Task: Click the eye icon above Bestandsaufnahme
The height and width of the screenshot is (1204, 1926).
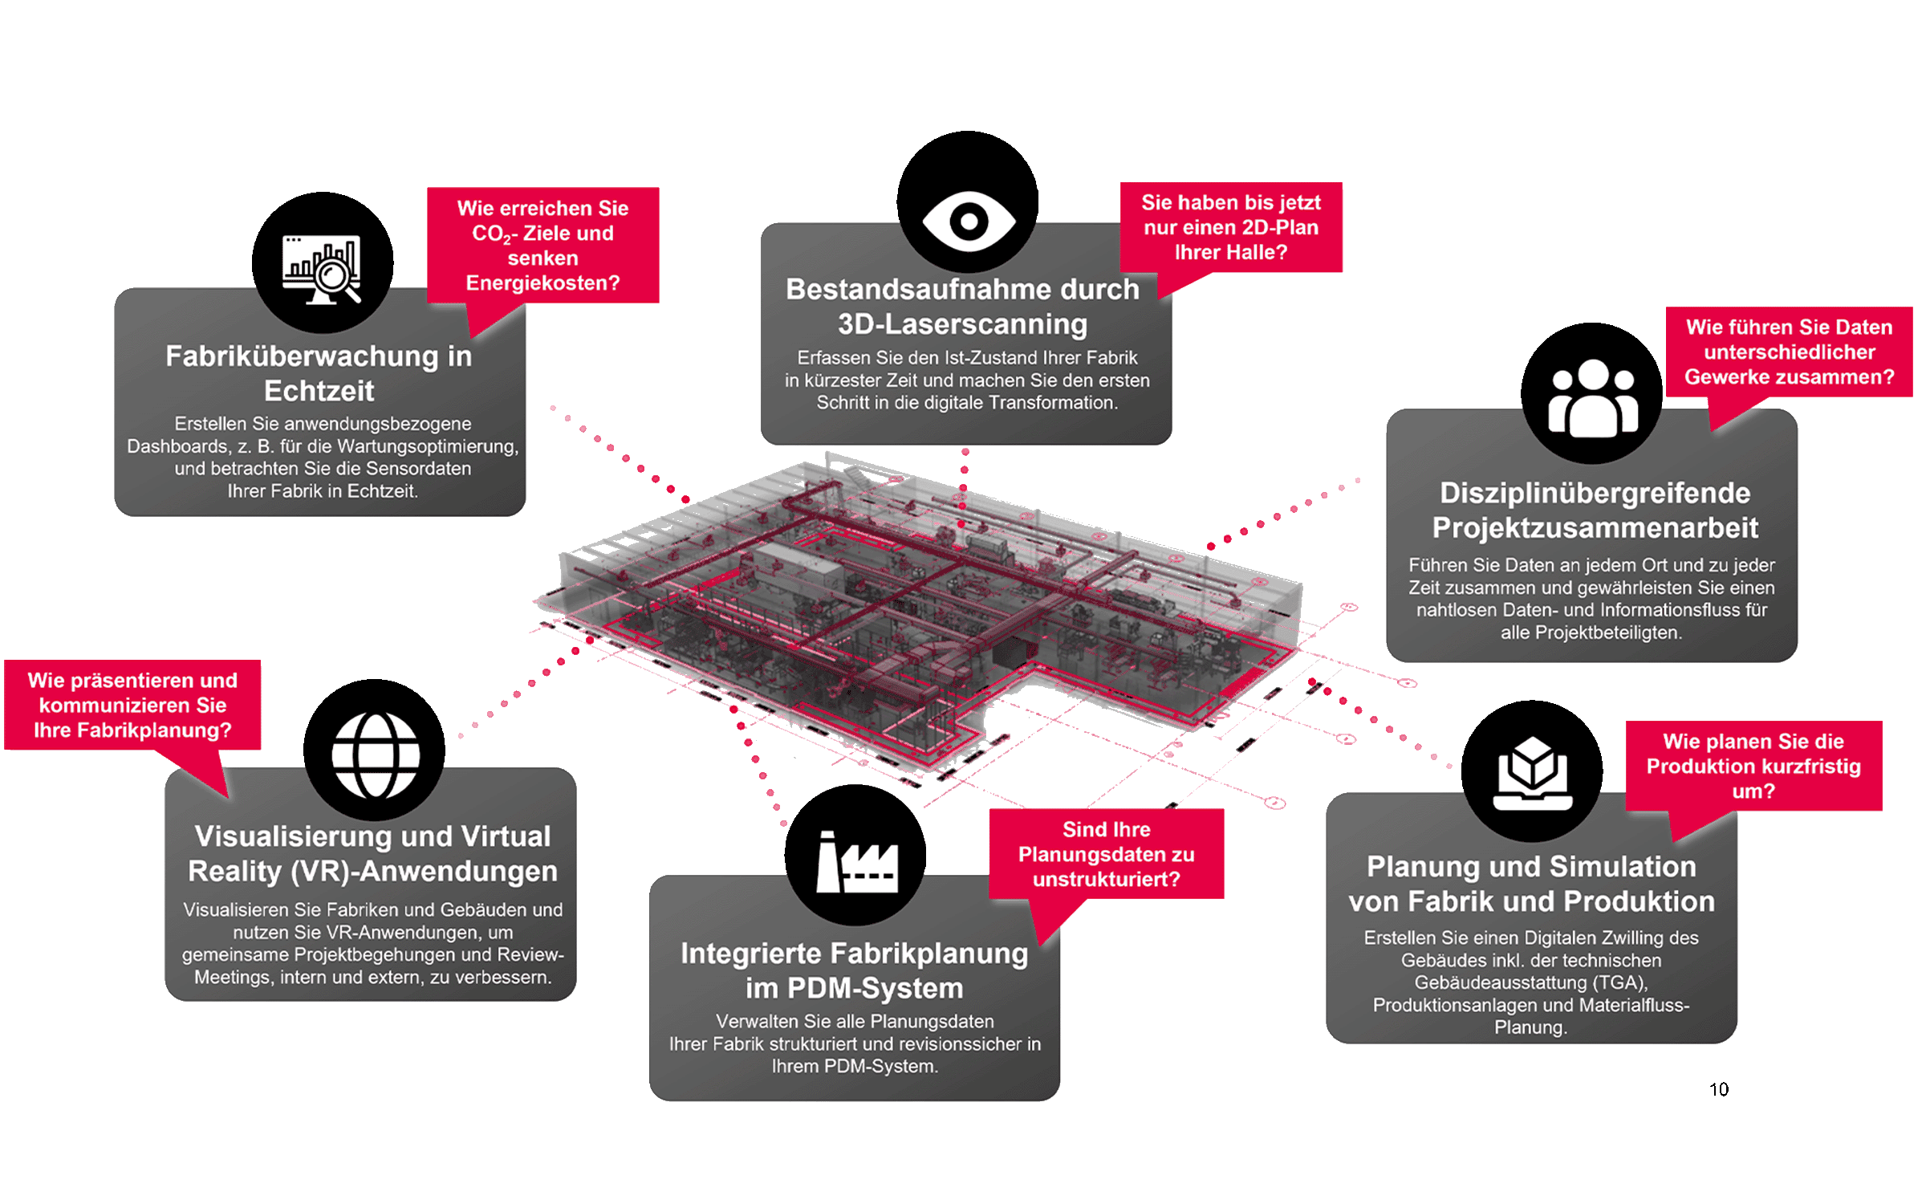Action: (x=969, y=220)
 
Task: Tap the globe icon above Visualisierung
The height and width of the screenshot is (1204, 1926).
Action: (x=375, y=755)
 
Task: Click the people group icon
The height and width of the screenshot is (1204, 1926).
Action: (x=1593, y=398)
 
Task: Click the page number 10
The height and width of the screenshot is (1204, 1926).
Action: (x=1718, y=1089)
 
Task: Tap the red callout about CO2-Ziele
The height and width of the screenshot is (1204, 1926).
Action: (x=542, y=245)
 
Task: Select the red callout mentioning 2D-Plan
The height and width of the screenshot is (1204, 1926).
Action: (x=1231, y=227)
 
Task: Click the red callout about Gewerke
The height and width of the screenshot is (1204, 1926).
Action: (x=1789, y=352)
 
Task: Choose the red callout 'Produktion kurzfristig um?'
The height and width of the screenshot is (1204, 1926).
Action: (x=1753, y=766)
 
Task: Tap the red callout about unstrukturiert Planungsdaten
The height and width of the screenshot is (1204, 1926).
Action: (x=1106, y=854)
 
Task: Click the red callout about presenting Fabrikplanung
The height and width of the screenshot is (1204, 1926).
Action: (x=132, y=705)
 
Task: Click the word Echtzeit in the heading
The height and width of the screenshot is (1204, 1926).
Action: (x=319, y=391)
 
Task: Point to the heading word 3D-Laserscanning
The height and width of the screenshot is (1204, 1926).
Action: (x=963, y=324)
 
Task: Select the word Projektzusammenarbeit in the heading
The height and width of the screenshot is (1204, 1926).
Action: (x=1595, y=528)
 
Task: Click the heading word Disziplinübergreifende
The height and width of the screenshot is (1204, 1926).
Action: (x=1595, y=493)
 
